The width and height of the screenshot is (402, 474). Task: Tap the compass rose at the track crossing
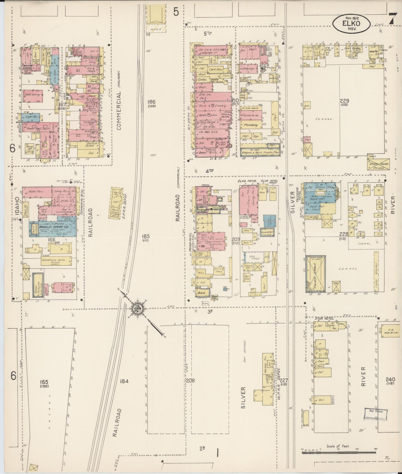137,308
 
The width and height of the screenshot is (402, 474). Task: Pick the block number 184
124,381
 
